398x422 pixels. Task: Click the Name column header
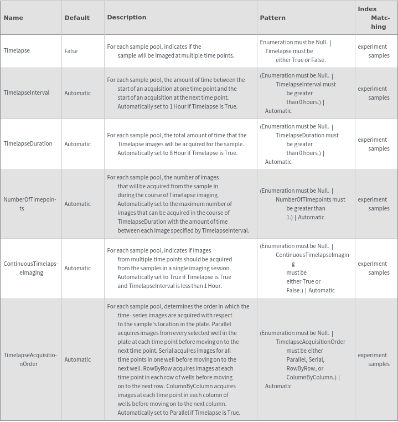click(x=13, y=18)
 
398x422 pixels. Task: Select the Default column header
click(x=77, y=18)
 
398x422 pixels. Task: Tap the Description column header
click(x=127, y=17)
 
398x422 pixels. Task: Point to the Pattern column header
click(x=273, y=18)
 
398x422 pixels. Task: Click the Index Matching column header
click(x=375, y=18)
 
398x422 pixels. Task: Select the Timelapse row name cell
click(x=17, y=50)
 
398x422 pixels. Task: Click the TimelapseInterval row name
click(x=27, y=92)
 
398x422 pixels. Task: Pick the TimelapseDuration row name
click(x=28, y=143)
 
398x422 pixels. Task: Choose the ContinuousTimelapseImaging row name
click(x=31, y=268)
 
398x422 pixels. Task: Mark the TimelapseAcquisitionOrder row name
click(x=30, y=359)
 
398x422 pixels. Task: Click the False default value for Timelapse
click(x=71, y=51)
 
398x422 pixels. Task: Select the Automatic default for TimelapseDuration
click(x=77, y=144)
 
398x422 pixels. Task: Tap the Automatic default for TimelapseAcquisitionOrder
click(x=77, y=359)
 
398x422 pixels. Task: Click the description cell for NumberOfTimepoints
click(x=178, y=204)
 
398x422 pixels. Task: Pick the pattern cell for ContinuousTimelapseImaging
click(x=305, y=268)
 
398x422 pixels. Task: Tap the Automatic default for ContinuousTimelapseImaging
click(x=77, y=268)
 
